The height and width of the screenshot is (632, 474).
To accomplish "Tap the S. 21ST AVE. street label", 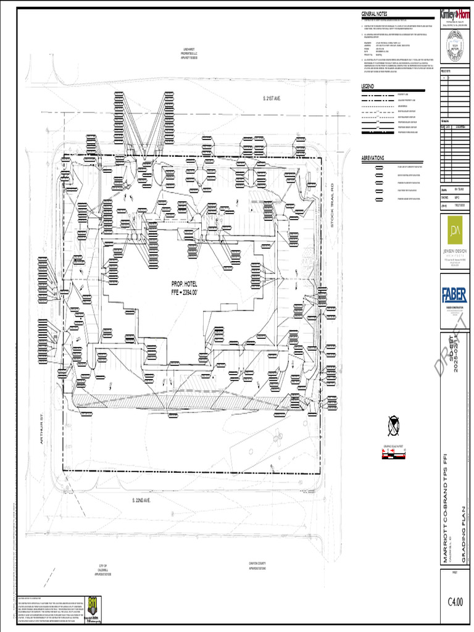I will click(x=271, y=99).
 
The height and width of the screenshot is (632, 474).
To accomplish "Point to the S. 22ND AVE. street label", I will click(x=141, y=499).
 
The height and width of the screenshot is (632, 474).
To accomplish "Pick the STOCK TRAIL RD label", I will click(x=331, y=204).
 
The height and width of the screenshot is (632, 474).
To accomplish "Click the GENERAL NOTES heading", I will click(x=374, y=14).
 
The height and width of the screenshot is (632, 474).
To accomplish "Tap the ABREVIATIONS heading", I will click(x=373, y=158).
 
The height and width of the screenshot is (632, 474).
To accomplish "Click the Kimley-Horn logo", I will click(x=455, y=14).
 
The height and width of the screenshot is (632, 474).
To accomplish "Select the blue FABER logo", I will click(x=455, y=296).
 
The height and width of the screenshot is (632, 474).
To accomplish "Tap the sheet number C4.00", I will click(x=455, y=602).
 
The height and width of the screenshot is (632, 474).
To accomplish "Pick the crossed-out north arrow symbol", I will click(x=393, y=425).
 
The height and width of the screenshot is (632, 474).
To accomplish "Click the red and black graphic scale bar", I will click(x=393, y=455).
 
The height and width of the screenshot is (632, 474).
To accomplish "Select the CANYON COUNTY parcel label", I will click(x=257, y=565).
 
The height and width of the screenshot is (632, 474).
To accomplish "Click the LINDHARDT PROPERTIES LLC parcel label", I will click(x=188, y=54).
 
